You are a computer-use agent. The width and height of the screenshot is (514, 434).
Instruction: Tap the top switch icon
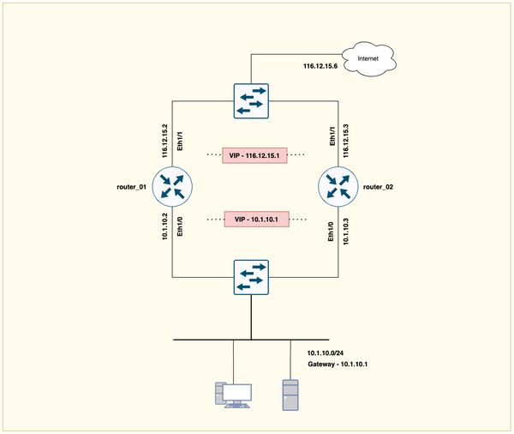[x=251, y=100]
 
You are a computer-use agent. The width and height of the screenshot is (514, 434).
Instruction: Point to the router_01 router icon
[x=174, y=185]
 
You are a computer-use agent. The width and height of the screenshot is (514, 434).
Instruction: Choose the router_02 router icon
[x=337, y=185]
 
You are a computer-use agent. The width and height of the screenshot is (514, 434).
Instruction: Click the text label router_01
[x=133, y=186]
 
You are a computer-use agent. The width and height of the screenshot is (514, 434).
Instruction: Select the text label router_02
[x=378, y=186]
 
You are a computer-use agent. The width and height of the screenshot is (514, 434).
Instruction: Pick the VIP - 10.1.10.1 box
[x=256, y=220]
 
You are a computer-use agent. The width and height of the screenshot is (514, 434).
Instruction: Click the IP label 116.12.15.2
[x=164, y=140]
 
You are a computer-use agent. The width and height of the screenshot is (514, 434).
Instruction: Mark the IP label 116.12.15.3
[x=345, y=140]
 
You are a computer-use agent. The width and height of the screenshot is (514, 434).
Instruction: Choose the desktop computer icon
[x=233, y=394]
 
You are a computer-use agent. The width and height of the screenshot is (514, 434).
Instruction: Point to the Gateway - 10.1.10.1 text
[x=343, y=366]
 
